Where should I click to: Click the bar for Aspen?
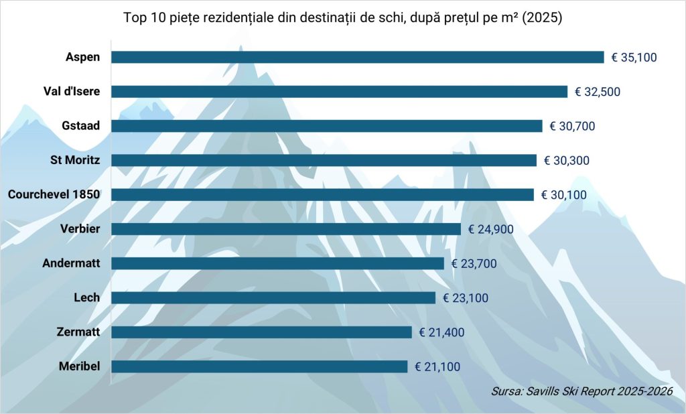357,58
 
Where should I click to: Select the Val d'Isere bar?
339,92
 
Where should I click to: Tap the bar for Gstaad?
326,126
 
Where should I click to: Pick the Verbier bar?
285,229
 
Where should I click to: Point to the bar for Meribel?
259,366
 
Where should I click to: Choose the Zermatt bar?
261,332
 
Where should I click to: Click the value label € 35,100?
634,58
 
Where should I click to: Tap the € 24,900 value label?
490,229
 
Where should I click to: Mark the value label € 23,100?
465,298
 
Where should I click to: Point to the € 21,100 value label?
437,366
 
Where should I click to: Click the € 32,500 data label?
597,92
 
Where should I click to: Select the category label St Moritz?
75,160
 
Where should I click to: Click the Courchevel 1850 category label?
54,194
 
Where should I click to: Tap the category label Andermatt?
71,263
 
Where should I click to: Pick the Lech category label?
86,297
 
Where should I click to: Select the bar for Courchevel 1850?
322,195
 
